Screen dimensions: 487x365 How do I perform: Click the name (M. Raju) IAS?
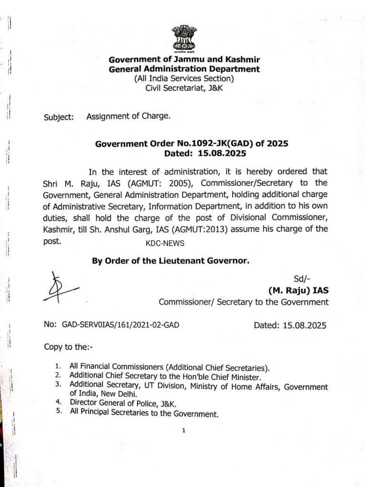click(298, 290)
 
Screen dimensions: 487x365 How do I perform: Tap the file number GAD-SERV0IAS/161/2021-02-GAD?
click(121, 325)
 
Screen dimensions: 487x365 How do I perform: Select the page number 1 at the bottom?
click(183, 431)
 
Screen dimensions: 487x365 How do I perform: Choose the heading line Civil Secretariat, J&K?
click(183, 88)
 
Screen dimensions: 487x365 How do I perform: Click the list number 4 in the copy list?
click(58, 402)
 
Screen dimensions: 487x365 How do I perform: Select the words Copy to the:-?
click(68, 347)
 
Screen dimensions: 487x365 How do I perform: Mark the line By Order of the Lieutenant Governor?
click(170, 261)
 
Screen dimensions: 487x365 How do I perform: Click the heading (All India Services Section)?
click(184, 78)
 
